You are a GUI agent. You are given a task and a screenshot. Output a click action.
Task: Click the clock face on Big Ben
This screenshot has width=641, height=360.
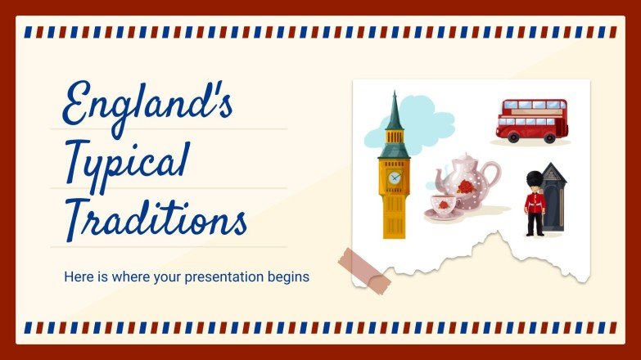(x=395, y=177)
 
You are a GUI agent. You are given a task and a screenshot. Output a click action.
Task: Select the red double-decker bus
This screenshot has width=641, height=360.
(x=531, y=120)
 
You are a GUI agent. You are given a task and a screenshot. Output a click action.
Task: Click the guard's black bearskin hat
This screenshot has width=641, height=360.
(x=535, y=178)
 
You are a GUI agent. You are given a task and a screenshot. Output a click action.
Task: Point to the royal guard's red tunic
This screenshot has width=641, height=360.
(x=535, y=202)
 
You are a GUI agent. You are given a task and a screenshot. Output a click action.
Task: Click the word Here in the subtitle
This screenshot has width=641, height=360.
(x=77, y=277)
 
